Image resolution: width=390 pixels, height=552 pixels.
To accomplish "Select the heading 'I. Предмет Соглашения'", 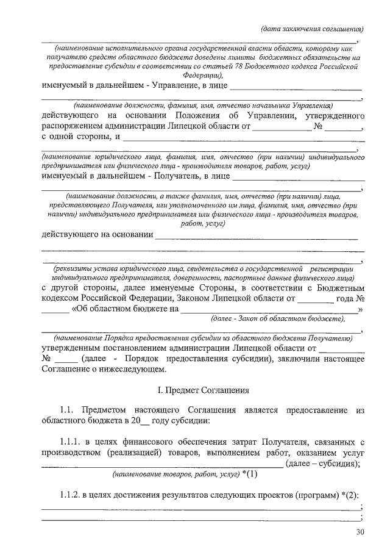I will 202,389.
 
